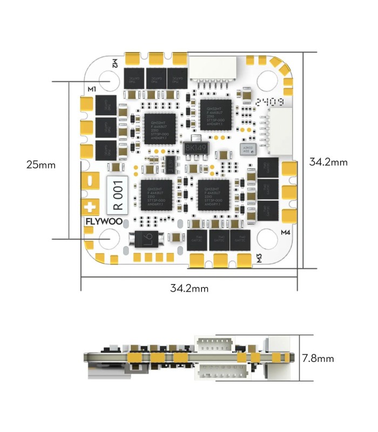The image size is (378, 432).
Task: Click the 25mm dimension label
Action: click(41, 165)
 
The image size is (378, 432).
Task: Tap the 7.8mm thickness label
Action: click(318, 358)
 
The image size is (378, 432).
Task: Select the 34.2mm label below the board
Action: click(189, 288)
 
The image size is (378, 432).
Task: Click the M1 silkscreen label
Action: click(91, 89)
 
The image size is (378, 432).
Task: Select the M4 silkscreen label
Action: click(286, 233)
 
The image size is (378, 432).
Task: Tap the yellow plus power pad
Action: click(90, 206)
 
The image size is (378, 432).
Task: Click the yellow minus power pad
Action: click(90, 180)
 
